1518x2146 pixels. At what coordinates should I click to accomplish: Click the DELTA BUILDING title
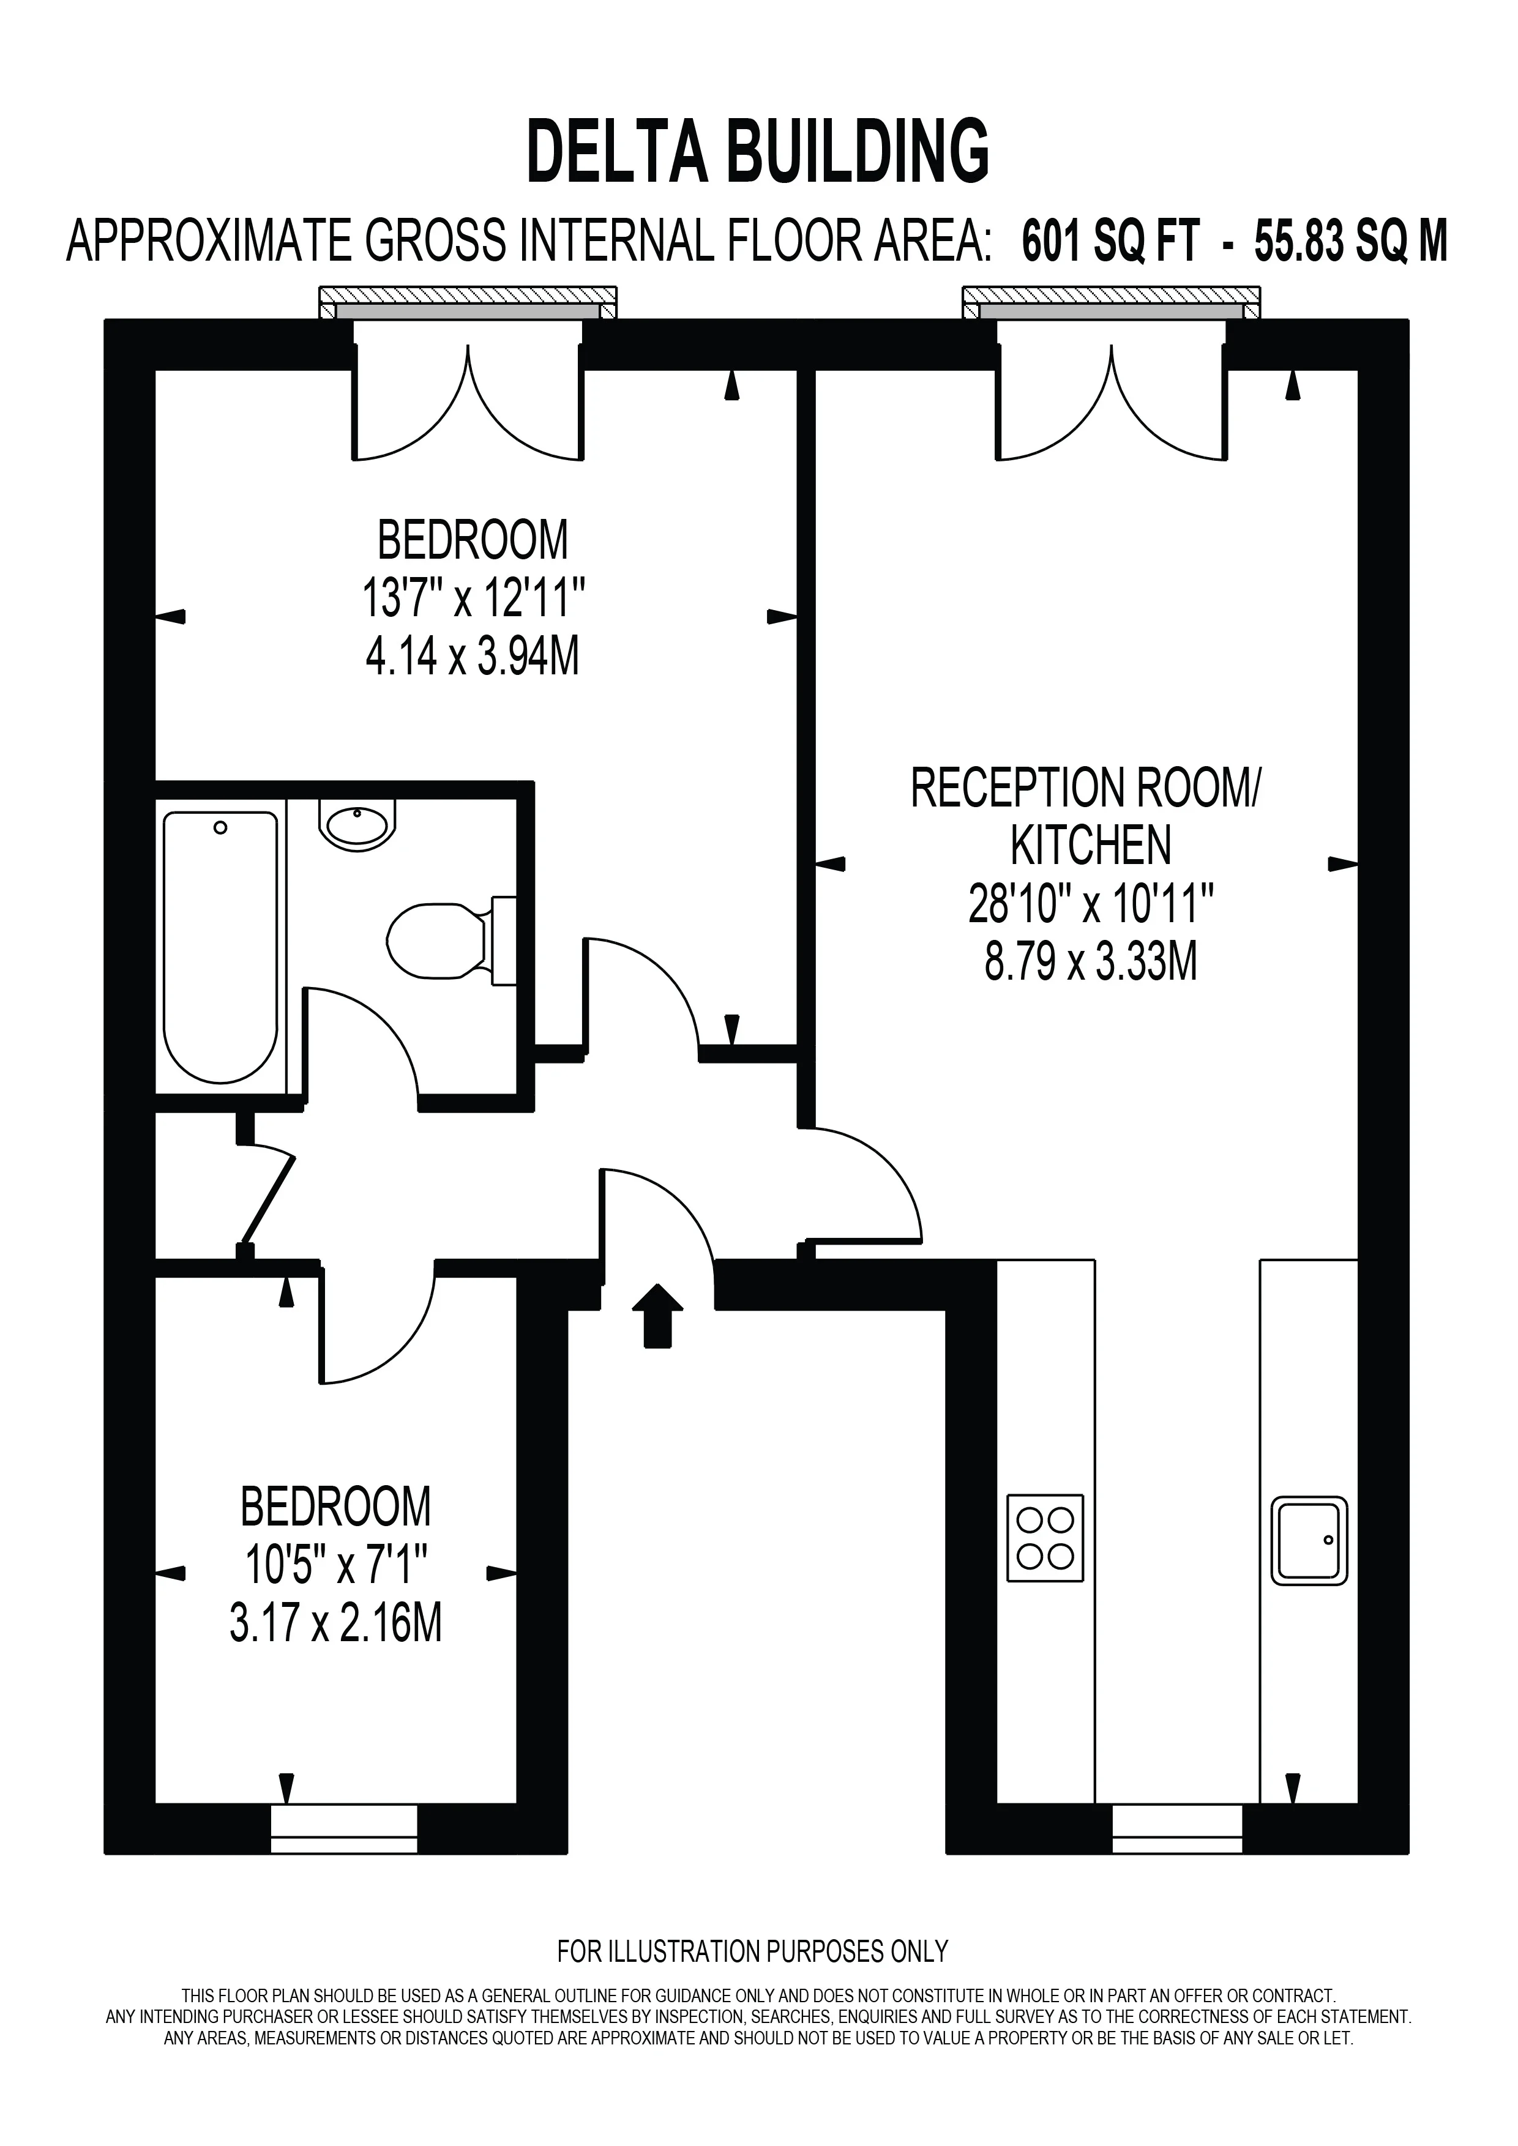pos(758,151)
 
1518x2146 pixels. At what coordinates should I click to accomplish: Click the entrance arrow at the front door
pos(658,1315)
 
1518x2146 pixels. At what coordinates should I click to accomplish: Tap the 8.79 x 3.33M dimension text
pos(1091,962)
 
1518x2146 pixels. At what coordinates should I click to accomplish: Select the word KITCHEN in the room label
pos(1091,846)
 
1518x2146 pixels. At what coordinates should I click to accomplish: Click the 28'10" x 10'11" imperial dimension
pos(1091,904)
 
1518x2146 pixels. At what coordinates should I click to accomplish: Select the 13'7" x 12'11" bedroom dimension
pos(473,598)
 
